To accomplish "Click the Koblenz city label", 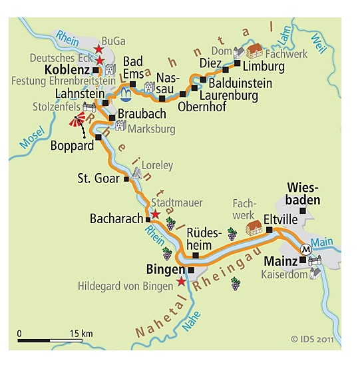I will click(x=68, y=69).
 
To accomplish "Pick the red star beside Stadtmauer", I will click(x=155, y=214).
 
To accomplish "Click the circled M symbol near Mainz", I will click(x=306, y=250).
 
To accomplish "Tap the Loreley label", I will click(x=158, y=165).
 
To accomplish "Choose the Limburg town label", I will click(x=264, y=67).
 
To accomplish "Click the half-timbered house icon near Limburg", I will click(x=254, y=51).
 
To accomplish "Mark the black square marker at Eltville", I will click(x=270, y=230).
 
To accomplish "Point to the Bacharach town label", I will click(x=116, y=218).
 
